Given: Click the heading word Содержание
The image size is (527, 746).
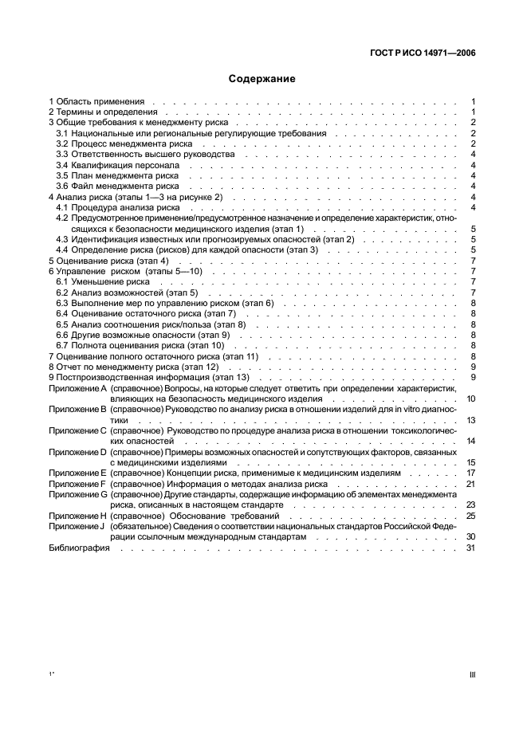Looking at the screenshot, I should pyautogui.click(x=262, y=79).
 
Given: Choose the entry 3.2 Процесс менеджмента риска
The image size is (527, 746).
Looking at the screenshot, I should pyautogui.click(x=116, y=144).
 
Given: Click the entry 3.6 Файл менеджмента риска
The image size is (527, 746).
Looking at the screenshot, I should pyautogui.click(x=112, y=186).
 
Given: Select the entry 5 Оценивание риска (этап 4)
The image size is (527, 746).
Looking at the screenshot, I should pyautogui.click(x=108, y=261).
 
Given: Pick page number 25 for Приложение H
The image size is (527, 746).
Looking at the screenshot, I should pyautogui.click(x=470, y=516).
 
